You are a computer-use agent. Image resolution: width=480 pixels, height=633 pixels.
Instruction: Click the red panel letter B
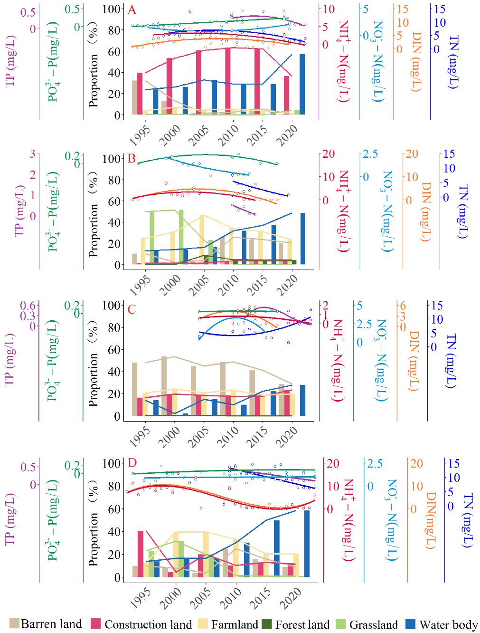(x=132, y=159)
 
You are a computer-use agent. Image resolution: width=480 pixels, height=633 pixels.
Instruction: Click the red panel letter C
(x=132, y=309)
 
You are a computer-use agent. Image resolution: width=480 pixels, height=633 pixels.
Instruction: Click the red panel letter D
(x=132, y=463)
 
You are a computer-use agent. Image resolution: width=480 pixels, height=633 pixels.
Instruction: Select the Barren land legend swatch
(x=14, y=623)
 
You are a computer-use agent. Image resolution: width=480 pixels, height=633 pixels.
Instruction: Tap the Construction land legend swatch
(x=96, y=623)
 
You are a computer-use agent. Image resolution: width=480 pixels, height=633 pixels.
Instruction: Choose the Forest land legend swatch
(x=268, y=623)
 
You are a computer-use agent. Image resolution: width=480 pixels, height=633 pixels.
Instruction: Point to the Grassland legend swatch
(x=342, y=623)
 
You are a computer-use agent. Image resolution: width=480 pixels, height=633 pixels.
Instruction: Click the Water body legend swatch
(x=412, y=623)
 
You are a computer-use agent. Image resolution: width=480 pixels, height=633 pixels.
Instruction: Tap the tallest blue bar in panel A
(x=302, y=85)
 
